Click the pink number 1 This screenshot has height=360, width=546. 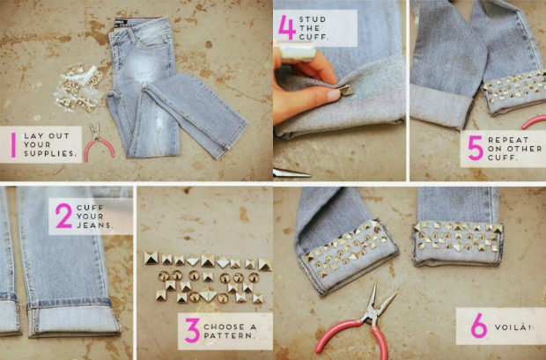(13, 145)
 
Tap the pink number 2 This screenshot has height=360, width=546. (63, 216)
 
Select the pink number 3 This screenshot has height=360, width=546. (193, 330)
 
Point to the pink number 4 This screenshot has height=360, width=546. (287, 26)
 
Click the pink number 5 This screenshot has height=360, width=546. (476, 148)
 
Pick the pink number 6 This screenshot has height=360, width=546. (479, 326)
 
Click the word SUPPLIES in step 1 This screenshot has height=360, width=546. (50, 153)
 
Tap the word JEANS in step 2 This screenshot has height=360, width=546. (95, 225)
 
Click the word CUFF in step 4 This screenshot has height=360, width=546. (314, 37)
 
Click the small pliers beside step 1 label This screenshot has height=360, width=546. (99, 143)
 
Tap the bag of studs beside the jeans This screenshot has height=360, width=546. (78, 89)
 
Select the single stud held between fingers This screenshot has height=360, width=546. (346, 90)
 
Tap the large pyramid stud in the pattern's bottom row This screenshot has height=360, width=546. (209, 295)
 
